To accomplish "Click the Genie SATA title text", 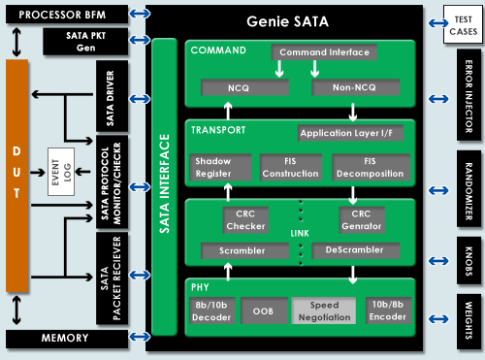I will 290,20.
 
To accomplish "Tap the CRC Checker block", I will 246,219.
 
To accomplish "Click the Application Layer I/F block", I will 352,132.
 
